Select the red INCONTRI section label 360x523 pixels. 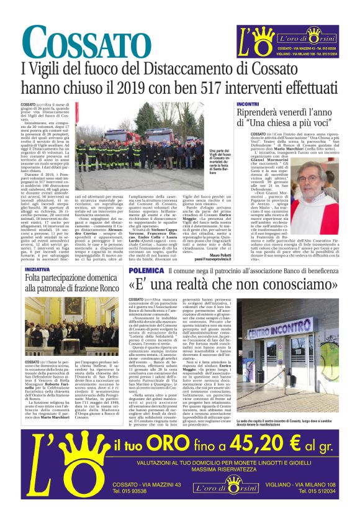(248, 103)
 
